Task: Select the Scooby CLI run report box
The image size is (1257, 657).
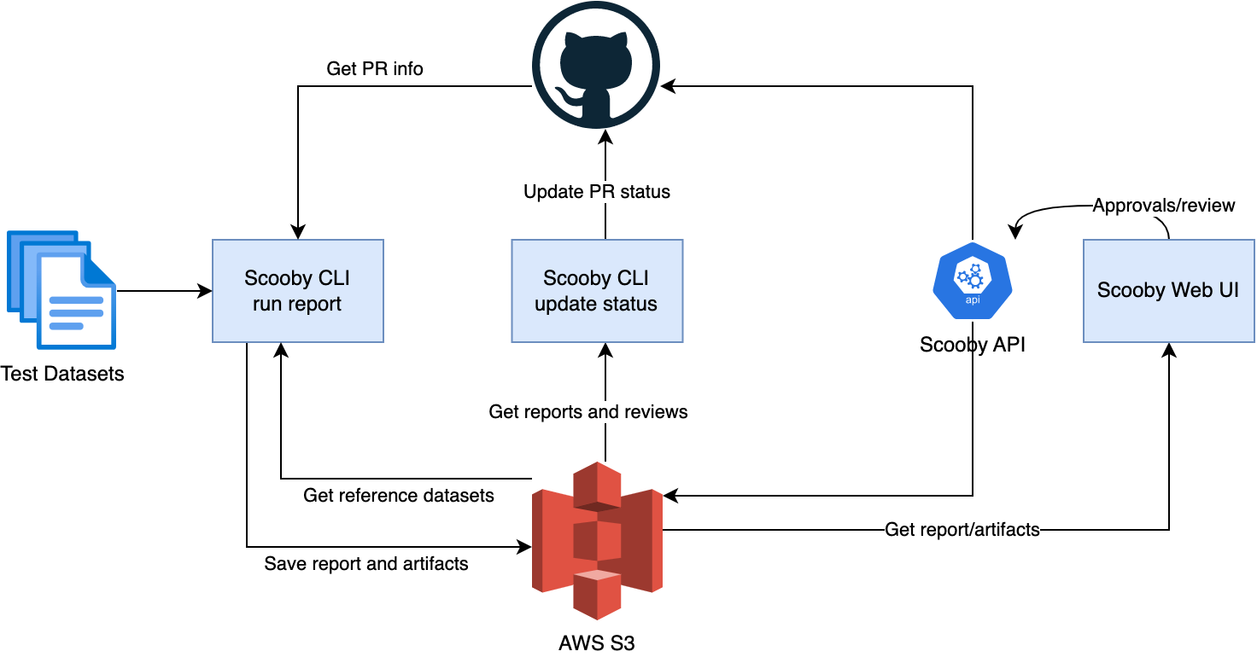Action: tap(297, 291)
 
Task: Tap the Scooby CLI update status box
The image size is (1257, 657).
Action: tap(596, 291)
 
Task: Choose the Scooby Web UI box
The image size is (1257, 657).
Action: tap(1168, 291)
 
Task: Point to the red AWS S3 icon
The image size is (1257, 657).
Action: tap(597, 540)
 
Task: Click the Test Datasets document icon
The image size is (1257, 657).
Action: tap(61, 290)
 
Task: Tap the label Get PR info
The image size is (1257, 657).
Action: tap(374, 69)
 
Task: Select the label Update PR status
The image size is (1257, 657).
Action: tap(596, 192)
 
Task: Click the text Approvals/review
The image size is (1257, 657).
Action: tap(1164, 206)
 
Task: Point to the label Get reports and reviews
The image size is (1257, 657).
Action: tap(588, 412)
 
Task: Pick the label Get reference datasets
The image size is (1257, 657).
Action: tap(398, 496)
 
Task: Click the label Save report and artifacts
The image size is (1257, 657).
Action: tap(365, 563)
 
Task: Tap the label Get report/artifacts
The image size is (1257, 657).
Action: tap(962, 530)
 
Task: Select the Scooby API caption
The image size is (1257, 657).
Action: tap(972, 345)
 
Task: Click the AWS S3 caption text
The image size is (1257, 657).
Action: tap(596, 642)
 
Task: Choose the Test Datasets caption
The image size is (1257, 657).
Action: tap(62, 374)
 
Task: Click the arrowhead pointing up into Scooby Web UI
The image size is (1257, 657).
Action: tap(1169, 349)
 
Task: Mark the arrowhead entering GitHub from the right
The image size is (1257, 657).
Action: tap(668, 86)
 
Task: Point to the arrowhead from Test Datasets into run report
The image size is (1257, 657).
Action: tap(205, 291)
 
